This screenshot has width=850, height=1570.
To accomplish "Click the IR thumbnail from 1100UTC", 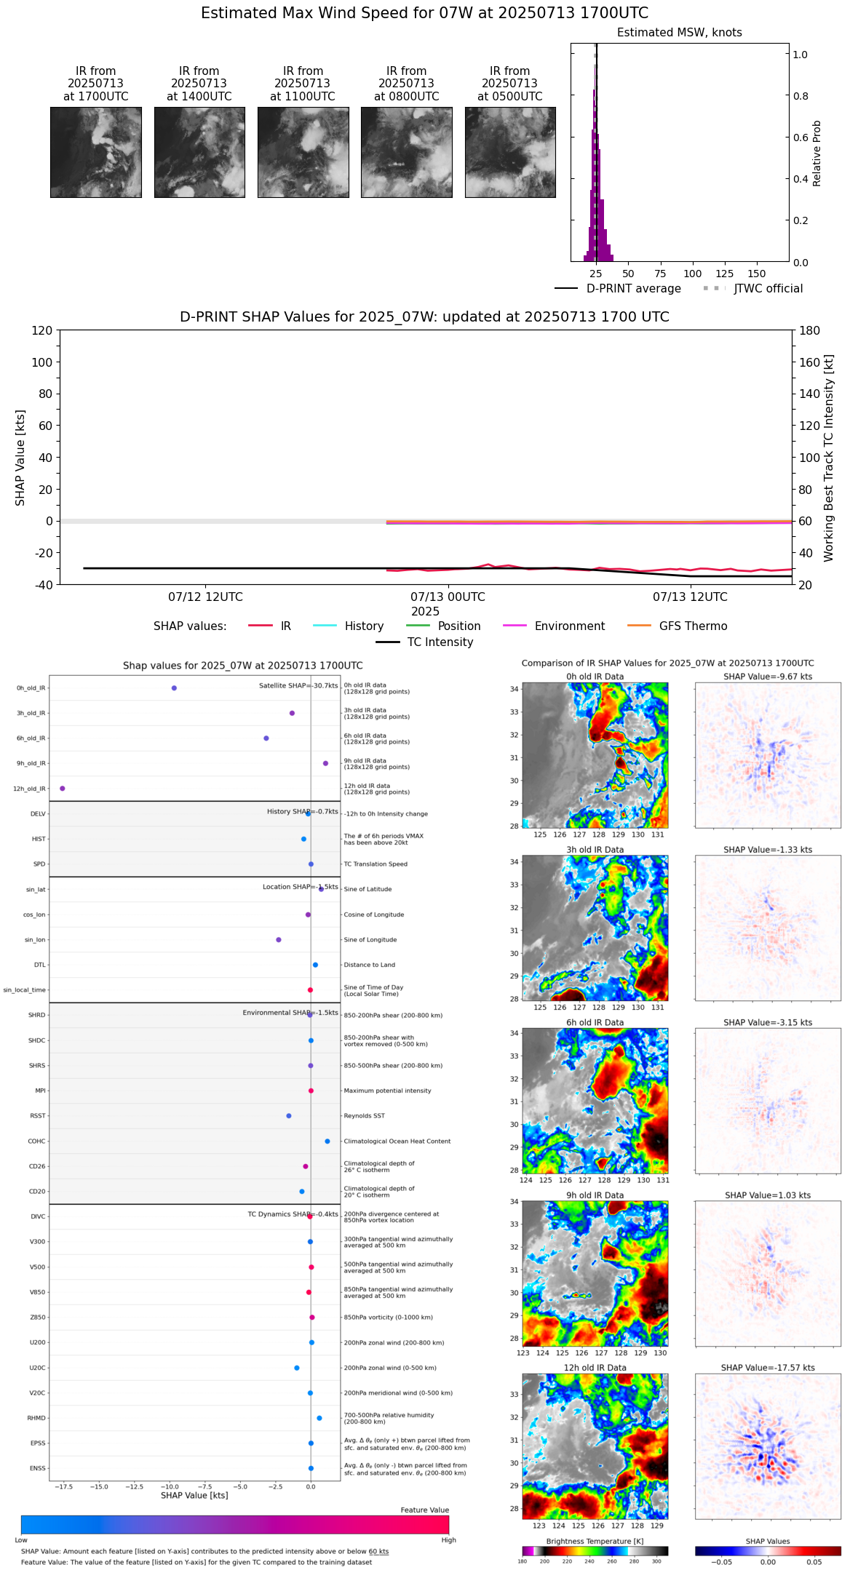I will pyautogui.click(x=303, y=152).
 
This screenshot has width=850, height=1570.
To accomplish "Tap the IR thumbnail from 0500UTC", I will pyautogui.click(x=510, y=152).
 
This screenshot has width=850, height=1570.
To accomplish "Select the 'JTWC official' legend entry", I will pyautogui.click(x=768, y=289).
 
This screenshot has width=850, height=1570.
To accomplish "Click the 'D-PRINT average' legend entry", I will pyautogui.click(x=633, y=289).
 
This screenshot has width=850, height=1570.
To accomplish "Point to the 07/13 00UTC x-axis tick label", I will pyautogui.click(x=448, y=597).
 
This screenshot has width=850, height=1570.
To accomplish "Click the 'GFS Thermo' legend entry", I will pyautogui.click(x=693, y=626).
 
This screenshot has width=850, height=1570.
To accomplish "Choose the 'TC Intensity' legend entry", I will pyautogui.click(x=440, y=642).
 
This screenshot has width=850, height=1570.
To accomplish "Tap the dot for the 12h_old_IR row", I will pyautogui.click(x=63, y=788).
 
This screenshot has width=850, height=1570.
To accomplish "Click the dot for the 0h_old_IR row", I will pyautogui.click(x=174, y=688).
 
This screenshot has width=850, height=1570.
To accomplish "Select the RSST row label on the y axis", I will pyautogui.click(x=38, y=1115).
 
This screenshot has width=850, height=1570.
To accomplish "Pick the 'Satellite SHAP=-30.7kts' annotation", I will pyautogui.click(x=298, y=685).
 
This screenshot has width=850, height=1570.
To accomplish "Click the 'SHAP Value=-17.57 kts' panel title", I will pyautogui.click(x=768, y=1368).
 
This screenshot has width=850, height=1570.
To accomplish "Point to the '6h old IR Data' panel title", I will pyautogui.click(x=595, y=1022).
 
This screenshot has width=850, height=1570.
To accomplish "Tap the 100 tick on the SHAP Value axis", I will pyautogui.click(x=41, y=362).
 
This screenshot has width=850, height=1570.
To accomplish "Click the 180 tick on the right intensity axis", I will pyautogui.click(x=810, y=330).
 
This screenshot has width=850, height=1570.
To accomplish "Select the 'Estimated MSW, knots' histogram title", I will pyautogui.click(x=679, y=33).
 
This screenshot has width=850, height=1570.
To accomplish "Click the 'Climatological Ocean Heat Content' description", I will pyautogui.click(x=397, y=1141).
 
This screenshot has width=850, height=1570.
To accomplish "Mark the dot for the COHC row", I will pyautogui.click(x=327, y=1141).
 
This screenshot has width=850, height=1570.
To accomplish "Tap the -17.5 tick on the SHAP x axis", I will pyautogui.click(x=63, y=1486).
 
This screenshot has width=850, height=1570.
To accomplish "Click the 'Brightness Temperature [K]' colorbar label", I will pyautogui.click(x=595, y=1541).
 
